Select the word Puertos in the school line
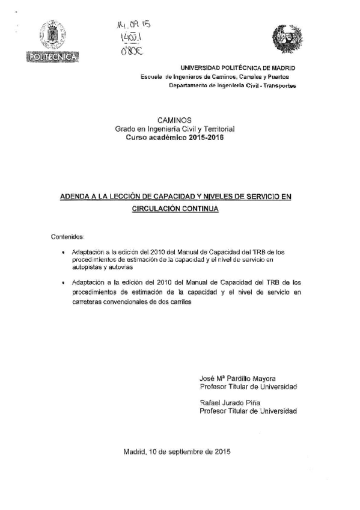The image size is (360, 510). click(x=275, y=77)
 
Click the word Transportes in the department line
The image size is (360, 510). click(x=276, y=85)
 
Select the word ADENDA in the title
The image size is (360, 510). click(x=76, y=197)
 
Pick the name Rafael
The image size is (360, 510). click(x=210, y=402)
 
